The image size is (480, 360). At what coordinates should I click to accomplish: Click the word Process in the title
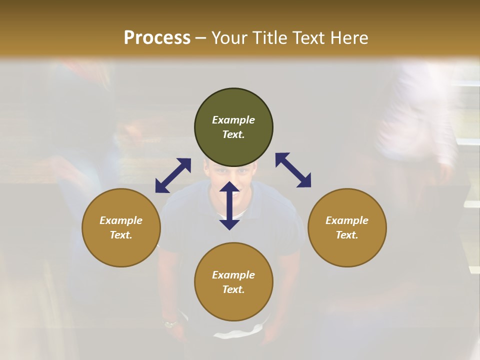157,38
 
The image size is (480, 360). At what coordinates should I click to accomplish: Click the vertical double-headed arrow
229,205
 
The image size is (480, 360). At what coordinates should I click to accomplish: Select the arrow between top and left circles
173,175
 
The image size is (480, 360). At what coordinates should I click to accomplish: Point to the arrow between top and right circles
293,170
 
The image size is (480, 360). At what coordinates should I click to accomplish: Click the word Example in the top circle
233,120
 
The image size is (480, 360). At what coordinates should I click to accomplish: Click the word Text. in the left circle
121,235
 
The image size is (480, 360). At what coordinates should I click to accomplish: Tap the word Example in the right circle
347,220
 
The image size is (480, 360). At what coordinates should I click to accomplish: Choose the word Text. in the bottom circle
233,289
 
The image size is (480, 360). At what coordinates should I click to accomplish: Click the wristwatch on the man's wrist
170,324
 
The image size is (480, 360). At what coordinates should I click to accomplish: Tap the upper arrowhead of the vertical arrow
229,187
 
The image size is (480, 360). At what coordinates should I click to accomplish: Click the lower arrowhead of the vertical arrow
229,224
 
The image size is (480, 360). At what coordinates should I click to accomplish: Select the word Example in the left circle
121,220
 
